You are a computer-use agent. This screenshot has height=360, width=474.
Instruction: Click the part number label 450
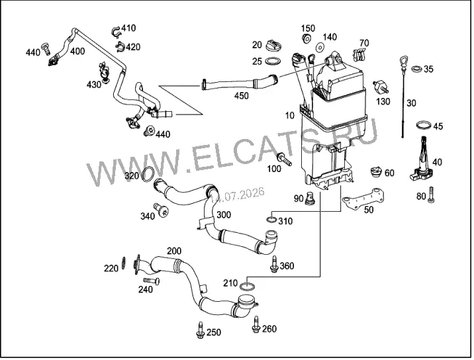pos(241,96)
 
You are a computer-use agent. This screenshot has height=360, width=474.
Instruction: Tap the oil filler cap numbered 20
pos(274,45)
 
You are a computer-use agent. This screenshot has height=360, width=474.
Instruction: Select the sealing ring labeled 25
pos(273,62)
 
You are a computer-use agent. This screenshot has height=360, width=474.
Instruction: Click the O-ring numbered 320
pos(148,175)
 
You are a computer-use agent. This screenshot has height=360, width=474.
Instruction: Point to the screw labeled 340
pos(161,210)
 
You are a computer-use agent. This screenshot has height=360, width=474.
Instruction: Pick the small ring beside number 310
pos(272,219)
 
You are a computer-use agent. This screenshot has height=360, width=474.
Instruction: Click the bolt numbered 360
pos(274,264)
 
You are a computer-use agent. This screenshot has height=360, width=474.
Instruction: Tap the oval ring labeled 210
pos(248,287)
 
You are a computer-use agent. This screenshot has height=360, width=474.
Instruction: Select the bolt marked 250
pos(200,330)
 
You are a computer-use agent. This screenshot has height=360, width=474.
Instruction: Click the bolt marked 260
pos(256,325)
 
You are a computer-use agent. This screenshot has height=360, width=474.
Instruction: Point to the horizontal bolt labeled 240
pos(152,281)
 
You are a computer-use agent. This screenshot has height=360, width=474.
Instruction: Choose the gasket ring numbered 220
pos(124,263)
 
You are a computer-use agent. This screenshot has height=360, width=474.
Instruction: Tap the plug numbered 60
pos(377,171)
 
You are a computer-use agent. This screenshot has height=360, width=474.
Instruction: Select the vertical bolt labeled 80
pos(431,195)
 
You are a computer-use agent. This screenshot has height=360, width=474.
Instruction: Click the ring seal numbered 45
pos(424,124)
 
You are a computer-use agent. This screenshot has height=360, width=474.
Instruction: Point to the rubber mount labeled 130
pos(381,87)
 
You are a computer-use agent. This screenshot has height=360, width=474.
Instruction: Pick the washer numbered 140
pos(319,48)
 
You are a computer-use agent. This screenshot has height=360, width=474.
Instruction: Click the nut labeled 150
pos(307,38)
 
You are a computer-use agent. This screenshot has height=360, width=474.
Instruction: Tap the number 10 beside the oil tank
pos(289,115)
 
